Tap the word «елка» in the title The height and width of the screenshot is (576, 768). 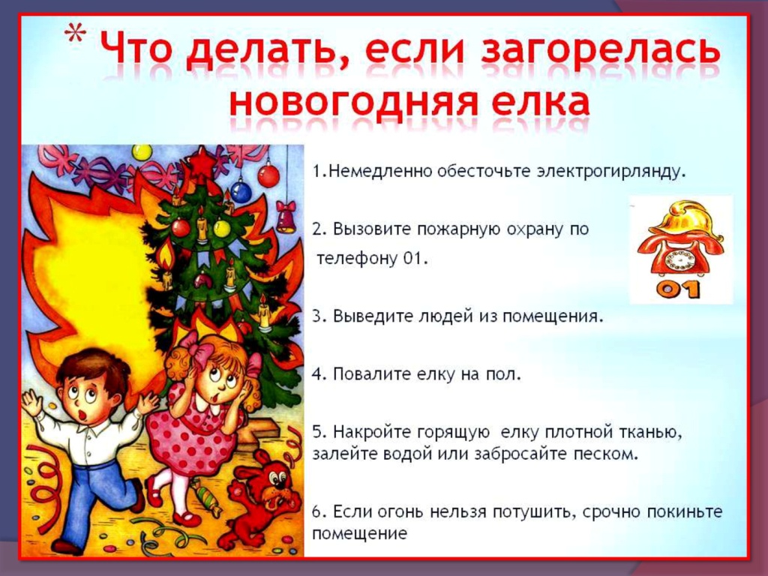tap(541, 102)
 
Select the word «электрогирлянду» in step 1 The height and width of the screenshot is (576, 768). tap(609, 172)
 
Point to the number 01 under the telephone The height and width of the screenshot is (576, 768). tap(678, 289)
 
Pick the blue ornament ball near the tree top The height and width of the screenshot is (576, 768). tap(241, 191)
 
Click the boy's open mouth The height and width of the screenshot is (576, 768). tap(82, 415)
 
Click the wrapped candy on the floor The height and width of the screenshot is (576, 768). tap(205, 496)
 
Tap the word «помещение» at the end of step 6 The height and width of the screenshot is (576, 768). tap(359, 533)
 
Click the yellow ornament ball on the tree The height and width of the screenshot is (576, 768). tap(221, 228)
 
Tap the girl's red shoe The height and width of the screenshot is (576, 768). tap(186, 518)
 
